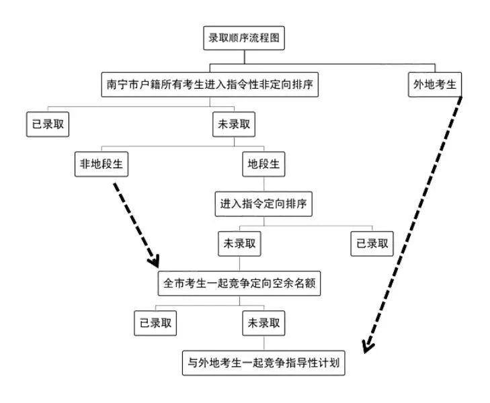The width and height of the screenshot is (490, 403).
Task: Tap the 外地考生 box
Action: (x=436, y=85)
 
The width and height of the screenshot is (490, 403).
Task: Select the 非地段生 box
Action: (x=101, y=164)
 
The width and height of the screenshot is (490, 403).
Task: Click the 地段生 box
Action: (x=263, y=164)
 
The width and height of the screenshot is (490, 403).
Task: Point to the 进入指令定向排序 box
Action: (x=263, y=204)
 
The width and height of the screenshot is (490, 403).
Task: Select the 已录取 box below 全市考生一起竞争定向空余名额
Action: (x=155, y=323)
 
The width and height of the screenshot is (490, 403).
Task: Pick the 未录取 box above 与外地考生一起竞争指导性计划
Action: (x=263, y=323)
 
